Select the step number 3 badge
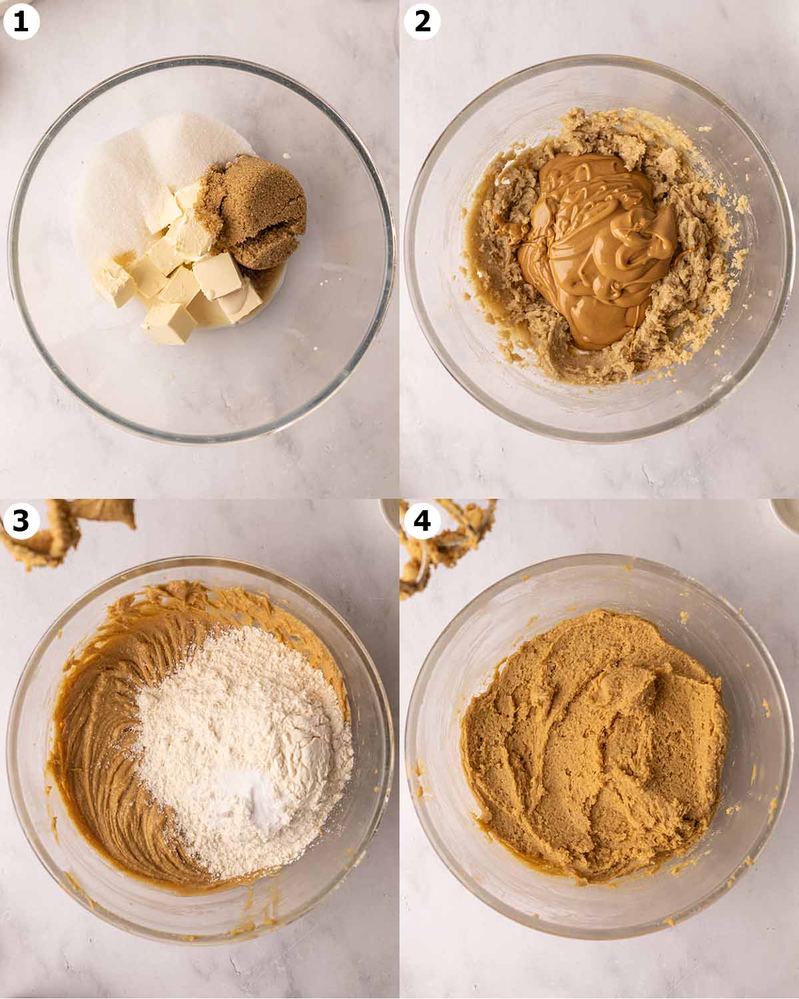point(21,521)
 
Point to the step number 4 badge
point(422,521)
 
